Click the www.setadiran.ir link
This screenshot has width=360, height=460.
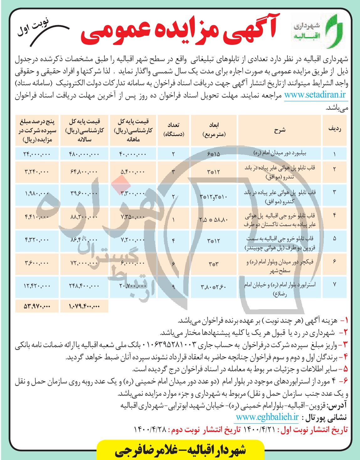click(315, 95)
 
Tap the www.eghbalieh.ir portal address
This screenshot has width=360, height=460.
click(267, 417)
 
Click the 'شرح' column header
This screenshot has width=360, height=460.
click(279, 130)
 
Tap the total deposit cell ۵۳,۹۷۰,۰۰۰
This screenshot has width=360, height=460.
click(37, 306)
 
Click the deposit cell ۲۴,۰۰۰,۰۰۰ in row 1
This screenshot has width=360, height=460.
click(37, 154)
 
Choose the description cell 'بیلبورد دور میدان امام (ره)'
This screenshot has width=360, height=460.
click(279, 154)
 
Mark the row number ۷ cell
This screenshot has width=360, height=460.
click(334, 284)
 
